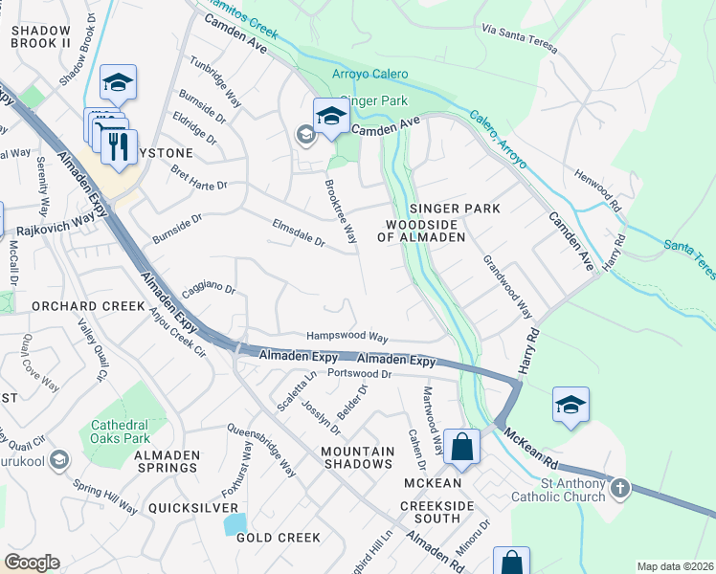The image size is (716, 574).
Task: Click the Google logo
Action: (x=32, y=563)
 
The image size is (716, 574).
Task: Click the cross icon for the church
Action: (x=620, y=489)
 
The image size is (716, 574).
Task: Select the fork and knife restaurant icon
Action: (x=119, y=146)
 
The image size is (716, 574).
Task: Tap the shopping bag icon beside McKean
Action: (x=461, y=447)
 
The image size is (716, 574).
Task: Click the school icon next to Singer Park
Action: (x=331, y=117)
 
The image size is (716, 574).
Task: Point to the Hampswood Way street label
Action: (x=347, y=338)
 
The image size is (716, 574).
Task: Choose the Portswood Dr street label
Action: (x=360, y=373)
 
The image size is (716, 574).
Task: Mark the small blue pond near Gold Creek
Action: (x=233, y=523)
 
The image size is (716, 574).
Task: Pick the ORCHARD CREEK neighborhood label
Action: (x=73, y=307)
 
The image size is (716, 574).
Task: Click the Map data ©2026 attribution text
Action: (x=676, y=566)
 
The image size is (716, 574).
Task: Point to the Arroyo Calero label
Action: (x=369, y=74)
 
